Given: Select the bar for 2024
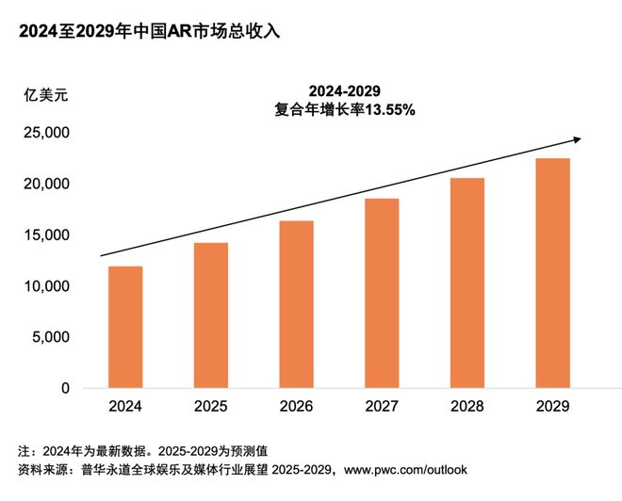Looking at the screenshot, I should coord(125,327).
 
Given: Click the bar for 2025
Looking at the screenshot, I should coord(210,315).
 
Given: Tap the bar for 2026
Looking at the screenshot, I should coord(296,304).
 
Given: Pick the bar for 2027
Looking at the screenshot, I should coord(382,293).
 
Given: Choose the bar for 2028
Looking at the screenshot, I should coord(466,283).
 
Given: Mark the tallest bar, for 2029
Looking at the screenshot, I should coord(552,273).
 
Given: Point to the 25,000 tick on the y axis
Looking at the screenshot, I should coord(44,133).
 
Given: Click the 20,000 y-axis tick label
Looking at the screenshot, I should coord(44,184).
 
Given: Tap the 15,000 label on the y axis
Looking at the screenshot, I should coord(44,234).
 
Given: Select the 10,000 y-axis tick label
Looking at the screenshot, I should coord(44,286).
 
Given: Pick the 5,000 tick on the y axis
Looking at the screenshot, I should coord(49,337).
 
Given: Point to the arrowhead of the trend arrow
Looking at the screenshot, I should coord(577,139).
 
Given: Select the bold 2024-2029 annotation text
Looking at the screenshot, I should coord(345,90).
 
